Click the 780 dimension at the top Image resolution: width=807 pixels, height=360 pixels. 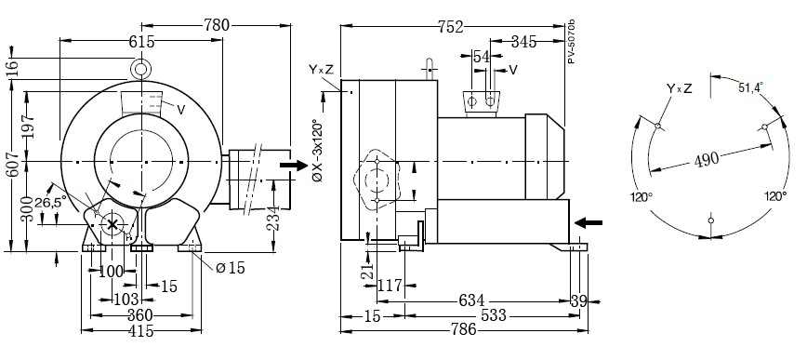216,25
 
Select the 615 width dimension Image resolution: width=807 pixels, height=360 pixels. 141,41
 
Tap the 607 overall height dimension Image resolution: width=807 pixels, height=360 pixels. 15,163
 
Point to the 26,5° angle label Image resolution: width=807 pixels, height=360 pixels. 50,203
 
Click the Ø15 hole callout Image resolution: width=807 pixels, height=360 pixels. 230,268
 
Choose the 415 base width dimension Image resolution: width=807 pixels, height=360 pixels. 141,330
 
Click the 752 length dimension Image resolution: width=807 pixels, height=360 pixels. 451,26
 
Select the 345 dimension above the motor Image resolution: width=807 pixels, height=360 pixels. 523,41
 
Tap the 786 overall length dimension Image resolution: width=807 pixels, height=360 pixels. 463,329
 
